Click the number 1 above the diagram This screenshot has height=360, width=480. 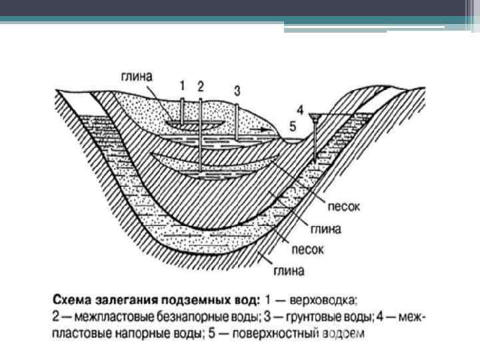point(182,85)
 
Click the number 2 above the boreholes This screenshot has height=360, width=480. point(200,85)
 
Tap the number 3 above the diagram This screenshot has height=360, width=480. point(237,91)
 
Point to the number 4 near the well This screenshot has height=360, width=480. point(300,109)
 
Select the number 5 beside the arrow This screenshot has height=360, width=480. point(292,125)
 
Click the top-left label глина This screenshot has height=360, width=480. point(135,77)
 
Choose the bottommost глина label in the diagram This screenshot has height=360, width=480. point(288,271)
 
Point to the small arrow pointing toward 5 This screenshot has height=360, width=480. point(265,125)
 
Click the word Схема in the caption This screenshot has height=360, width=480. point(75,297)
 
